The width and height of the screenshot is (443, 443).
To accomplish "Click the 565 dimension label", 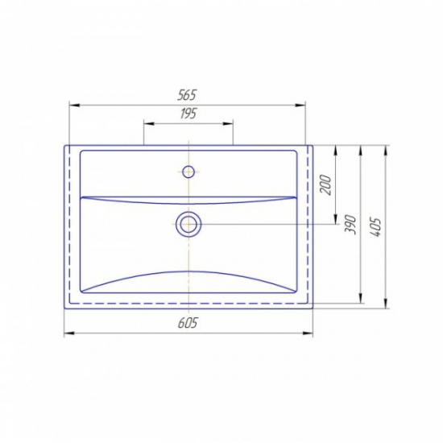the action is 187,95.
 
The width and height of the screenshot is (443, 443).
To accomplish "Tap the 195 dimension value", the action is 188,114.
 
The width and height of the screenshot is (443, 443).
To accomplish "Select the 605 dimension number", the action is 188,323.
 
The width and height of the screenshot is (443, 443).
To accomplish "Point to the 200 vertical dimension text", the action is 325,184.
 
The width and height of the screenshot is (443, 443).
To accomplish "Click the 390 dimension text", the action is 350,225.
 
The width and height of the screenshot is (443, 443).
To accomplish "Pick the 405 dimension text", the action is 376,227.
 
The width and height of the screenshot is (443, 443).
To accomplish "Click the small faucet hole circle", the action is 188,172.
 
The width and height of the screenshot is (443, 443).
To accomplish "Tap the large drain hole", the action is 188,224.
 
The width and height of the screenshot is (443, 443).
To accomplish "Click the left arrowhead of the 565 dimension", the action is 74,105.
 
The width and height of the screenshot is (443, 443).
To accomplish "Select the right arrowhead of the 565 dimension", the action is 300,105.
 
